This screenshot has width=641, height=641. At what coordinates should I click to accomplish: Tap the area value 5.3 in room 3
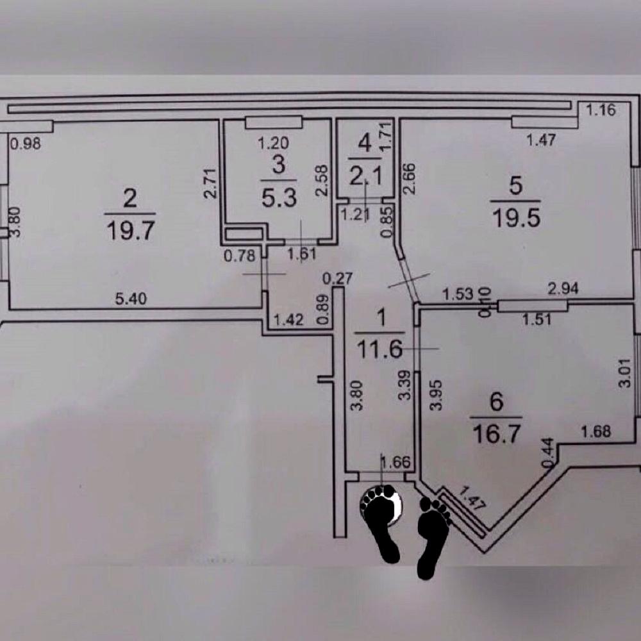coord(279,197)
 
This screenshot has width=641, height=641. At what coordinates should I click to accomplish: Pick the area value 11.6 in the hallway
coord(381,350)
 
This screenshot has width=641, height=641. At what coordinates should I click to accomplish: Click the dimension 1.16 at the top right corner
coord(601,110)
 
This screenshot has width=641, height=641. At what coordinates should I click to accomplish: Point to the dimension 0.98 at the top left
coord(26,144)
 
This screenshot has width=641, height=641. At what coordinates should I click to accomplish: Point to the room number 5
coord(516,186)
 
